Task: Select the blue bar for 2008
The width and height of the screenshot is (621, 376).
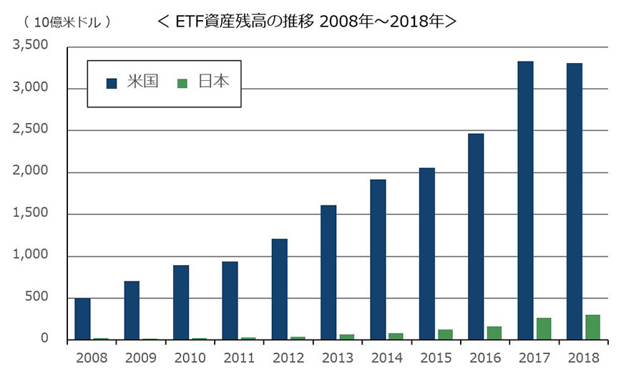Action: pyautogui.click(x=83, y=319)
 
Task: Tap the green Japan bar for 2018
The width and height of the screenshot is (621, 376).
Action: pyautogui.click(x=592, y=327)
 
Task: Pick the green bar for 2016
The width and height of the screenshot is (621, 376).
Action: pyautogui.click(x=494, y=333)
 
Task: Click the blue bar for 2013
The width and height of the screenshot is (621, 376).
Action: pyautogui.click(x=328, y=272)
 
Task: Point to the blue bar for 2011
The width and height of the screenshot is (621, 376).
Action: pyautogui.click(x=230, y=301)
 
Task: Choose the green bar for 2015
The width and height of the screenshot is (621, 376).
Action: pyautogui.click(x=445, y=334)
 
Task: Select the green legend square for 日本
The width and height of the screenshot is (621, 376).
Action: pyautogui.click(x=182, y=82)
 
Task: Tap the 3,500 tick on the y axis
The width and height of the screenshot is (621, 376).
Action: pyautogui.click(x=30, y=47)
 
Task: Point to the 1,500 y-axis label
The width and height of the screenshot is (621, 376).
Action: pyautogui.click(x=30, y=214)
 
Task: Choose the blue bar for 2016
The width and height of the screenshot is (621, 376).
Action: pyautogui.click(x=476, y=236)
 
